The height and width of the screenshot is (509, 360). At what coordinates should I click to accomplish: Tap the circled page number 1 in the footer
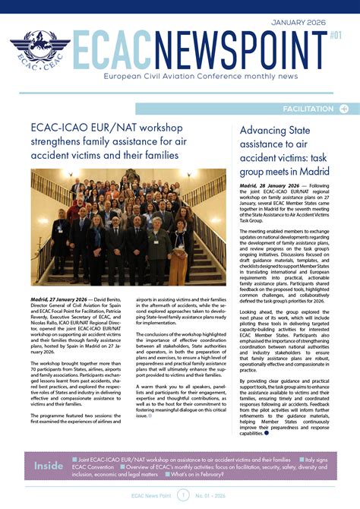183,495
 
